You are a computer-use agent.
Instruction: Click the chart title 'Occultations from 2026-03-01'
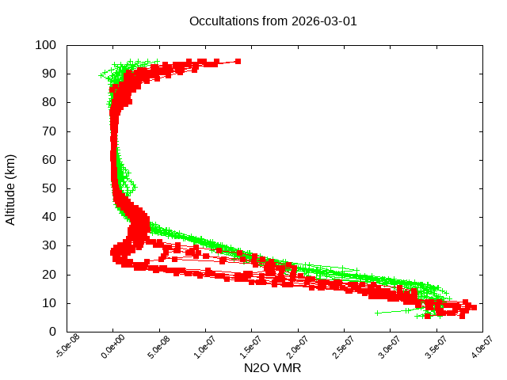(273, 21)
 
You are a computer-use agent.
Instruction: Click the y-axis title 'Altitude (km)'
(11, 189)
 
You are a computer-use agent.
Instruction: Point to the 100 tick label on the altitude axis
(45, 45)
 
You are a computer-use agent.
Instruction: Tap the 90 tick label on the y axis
(48, 74)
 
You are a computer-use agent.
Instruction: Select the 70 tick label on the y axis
(48, 131)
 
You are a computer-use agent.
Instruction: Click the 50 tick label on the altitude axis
(48, 188)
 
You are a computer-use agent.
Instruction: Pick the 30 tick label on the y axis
(48, 245)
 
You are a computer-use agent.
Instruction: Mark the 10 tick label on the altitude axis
(48, 302)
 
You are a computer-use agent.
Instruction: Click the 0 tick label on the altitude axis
(51, 331)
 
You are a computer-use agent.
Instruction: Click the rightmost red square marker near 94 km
(238, 61)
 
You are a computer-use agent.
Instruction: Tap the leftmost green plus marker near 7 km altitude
(378, 313)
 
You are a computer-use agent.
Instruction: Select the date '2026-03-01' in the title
(323, 21)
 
